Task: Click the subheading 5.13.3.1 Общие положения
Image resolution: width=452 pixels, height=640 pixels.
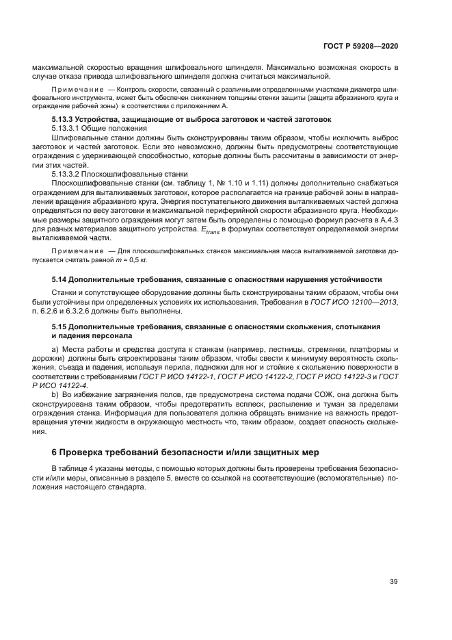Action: click(x=95, y=128)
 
